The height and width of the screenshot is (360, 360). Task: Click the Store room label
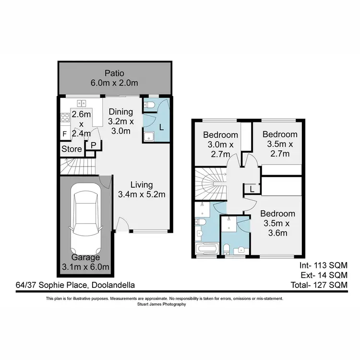point(72,149)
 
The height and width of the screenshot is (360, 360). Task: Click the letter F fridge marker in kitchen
point(64,134)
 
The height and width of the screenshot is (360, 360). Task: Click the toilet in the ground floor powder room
point(149,105)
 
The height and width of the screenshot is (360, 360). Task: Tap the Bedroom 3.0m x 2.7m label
point(220,144)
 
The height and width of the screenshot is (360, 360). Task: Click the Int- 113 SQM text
point(323,265)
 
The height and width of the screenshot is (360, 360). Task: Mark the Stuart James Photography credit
point(165,304)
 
